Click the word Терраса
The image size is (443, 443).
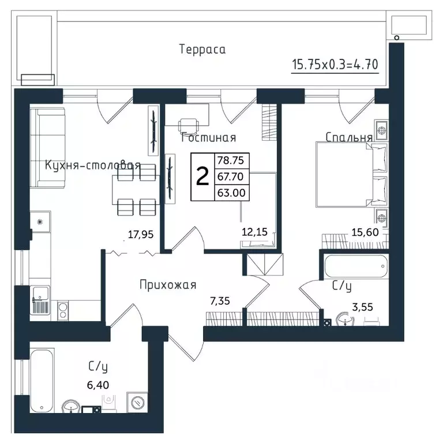click(202, 50)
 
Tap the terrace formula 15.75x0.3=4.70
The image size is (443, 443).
click(335, 63)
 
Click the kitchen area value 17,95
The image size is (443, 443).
click(139, 234)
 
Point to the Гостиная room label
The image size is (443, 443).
click(209, 138)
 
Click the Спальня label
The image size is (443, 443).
click(348, 138)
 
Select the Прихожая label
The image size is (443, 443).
click(168, 284)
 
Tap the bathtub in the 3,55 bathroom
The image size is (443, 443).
click(355, 266)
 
